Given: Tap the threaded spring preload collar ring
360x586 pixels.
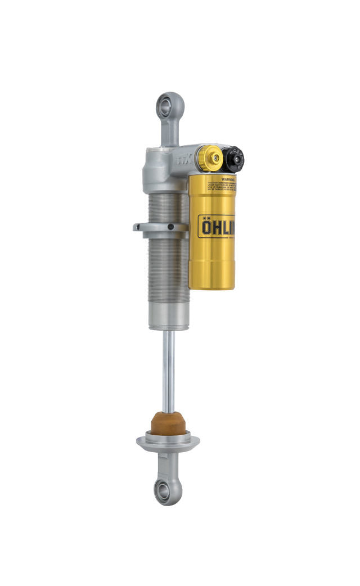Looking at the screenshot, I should tap(160, 227).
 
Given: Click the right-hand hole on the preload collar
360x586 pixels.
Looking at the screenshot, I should tap(170, 227).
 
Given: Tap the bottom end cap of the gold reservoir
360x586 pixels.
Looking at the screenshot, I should tap(211, 281).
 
